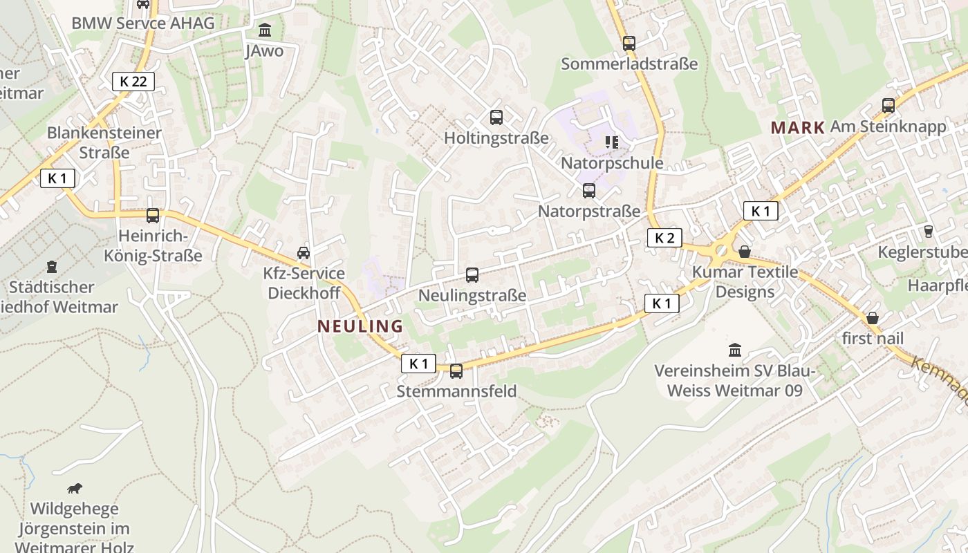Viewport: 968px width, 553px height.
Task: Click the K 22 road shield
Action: [133, 82]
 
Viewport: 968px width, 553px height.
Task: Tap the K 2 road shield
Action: [664, 238]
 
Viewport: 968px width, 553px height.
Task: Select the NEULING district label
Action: [360, 326]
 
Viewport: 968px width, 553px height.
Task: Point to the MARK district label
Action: [798, 127]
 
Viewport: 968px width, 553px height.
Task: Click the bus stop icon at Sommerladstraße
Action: [629, 44]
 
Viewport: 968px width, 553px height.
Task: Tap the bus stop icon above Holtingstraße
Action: [496, 118]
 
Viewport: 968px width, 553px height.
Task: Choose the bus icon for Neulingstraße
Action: [472, 275]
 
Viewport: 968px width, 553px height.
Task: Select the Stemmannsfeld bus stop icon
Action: [456, 371]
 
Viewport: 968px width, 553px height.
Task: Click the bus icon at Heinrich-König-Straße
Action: [153, 216]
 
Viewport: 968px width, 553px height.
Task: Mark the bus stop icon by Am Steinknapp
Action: [888, 106]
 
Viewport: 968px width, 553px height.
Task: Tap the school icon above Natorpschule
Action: [611, 142]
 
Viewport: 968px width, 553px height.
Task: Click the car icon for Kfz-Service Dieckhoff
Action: [304, 253]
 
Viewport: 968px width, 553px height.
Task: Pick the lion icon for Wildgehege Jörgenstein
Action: [75, 489]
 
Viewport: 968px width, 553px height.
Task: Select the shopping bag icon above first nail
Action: [873, 318]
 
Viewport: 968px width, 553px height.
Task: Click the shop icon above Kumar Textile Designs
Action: [745, 252]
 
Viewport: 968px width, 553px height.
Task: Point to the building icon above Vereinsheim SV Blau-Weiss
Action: [735, 350]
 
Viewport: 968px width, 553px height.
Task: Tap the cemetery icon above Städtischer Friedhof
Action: [52, 266]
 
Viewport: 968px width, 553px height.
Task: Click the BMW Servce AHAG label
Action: [143, 23]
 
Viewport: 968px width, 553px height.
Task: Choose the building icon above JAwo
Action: [265, 30]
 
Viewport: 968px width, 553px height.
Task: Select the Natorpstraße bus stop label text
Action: [589, 211]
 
